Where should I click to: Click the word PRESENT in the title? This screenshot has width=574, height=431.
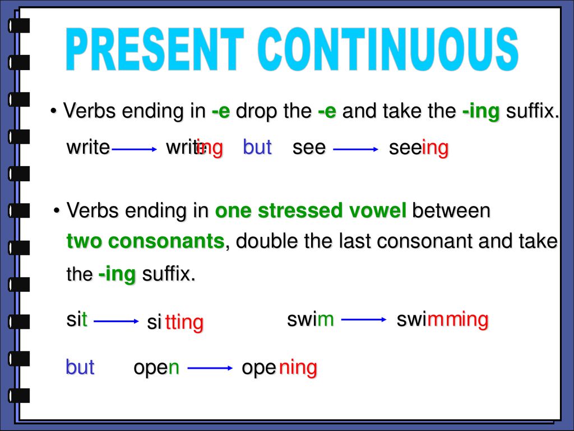point(155,49)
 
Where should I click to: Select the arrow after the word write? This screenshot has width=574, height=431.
point(134,149)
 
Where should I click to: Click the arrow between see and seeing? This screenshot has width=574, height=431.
point(356,149)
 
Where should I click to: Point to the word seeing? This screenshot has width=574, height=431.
point(419,148)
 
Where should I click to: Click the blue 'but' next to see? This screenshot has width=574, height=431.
point(257,148)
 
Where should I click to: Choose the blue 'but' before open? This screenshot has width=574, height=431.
point(80,367)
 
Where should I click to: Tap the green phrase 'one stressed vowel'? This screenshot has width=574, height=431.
point(311,211)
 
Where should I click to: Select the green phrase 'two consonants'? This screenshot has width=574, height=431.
point(145,241)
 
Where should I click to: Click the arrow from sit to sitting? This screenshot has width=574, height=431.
point(117,322)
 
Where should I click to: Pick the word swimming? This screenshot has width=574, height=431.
point(443,320)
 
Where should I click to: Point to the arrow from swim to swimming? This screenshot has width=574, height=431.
point(364,319)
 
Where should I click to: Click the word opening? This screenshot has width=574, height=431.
point(280,368)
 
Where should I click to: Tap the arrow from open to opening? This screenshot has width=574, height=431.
point(210,368)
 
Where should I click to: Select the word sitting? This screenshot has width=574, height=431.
point(175,323)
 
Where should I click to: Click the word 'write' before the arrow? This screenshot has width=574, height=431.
point(88,148)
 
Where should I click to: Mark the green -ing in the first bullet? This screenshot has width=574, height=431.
point(481,111)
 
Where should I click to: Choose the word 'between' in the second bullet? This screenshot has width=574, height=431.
point(451,211)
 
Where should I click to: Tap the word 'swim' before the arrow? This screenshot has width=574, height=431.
point(311,319)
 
